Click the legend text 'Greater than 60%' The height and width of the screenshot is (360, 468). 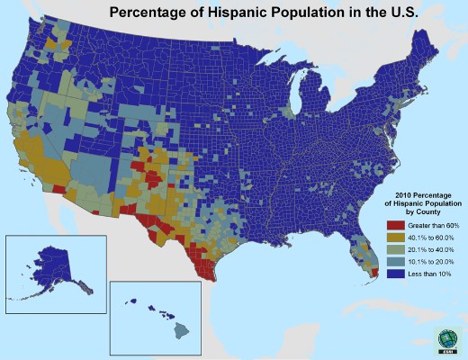(x=429, y=224)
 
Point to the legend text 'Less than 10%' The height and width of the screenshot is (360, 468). (x=426, y=272)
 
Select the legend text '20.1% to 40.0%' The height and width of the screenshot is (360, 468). (x=427, y=247)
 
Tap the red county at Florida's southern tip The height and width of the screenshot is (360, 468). (x=373, y=271)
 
